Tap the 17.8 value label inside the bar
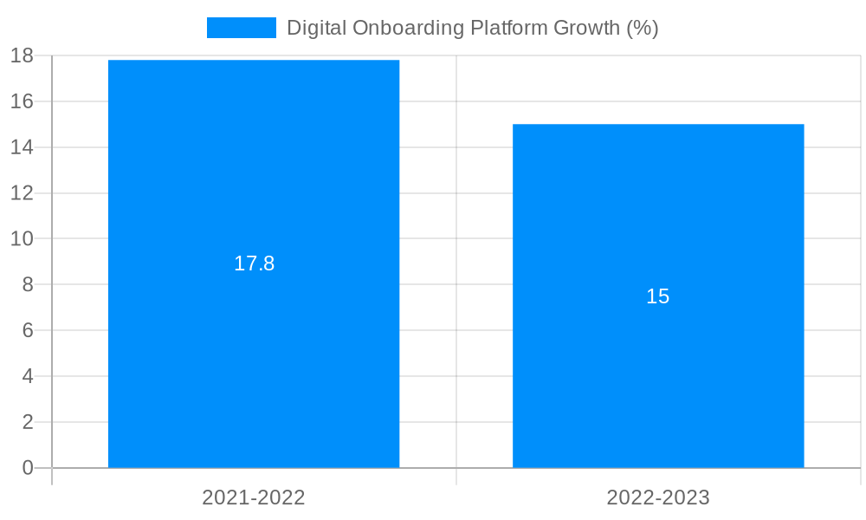[254, 263]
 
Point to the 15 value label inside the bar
[658, 296]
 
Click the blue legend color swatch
[241, 28]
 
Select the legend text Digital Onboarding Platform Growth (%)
[472, 28]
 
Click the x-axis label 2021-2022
[254, 497]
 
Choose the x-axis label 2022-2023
[658, 497]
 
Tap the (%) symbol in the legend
[642, 28]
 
